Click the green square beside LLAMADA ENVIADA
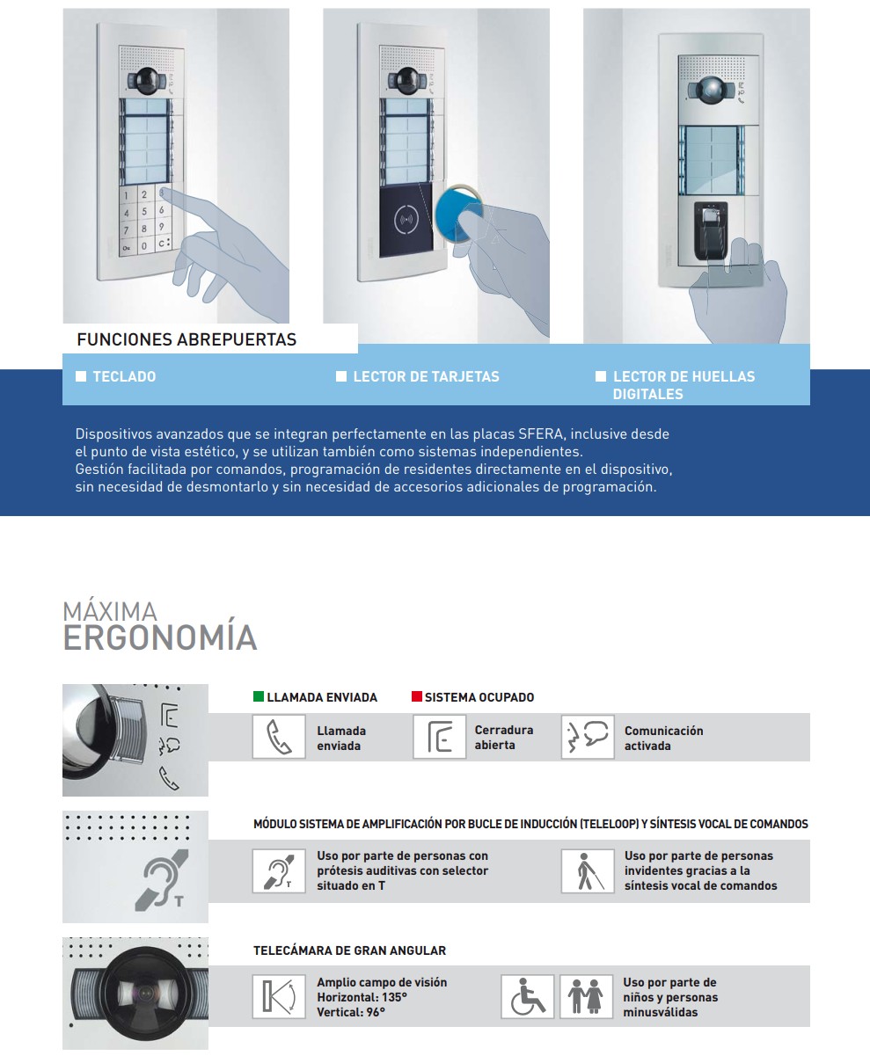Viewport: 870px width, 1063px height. click(x=259, y=697)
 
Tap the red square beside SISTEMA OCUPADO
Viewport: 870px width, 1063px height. click(x=417, y=697)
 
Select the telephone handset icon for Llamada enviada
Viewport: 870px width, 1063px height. click(x=279, y=737)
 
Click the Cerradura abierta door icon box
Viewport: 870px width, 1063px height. click(x=439, y=737)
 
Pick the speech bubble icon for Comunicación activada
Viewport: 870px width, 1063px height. click(x=588, y=737)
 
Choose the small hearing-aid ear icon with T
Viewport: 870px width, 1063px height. click(x=279, y=871)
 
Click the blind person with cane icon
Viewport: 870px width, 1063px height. click(x=588, y=871)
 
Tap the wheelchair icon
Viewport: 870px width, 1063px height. click(x=528, y=997)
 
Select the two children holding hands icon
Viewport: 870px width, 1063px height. click(x=586, y=997)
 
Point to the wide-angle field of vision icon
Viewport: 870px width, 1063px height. click(x=279, y=997)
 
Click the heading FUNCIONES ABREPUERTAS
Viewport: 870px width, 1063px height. click(x=186, y=339)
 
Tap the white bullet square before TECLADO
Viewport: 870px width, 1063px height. click(x=81, y=376)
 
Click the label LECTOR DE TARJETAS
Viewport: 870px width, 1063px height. click(x=426, y=376)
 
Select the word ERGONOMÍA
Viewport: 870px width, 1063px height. click(x=160, y=637)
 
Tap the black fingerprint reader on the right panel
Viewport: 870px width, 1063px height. click(x=711, y=229)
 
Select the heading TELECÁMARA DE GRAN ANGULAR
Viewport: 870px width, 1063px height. click(x=349, y=950)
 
